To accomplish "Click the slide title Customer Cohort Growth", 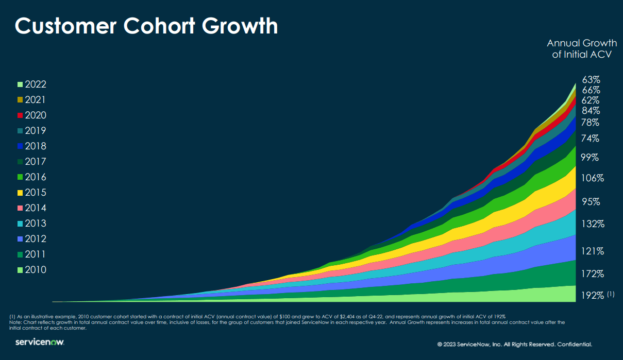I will coord(146,26).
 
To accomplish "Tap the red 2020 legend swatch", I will coord(20,115).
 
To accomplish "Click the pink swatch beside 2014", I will coord(20,208).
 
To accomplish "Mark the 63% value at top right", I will coord(591,80).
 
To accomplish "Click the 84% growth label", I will coord(591,111).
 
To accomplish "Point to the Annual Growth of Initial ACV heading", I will coord(581,48).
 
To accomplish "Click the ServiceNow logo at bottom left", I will coord(40,342).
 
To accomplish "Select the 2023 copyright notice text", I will coord(515,344).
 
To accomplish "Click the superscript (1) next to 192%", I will coord(611,294).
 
